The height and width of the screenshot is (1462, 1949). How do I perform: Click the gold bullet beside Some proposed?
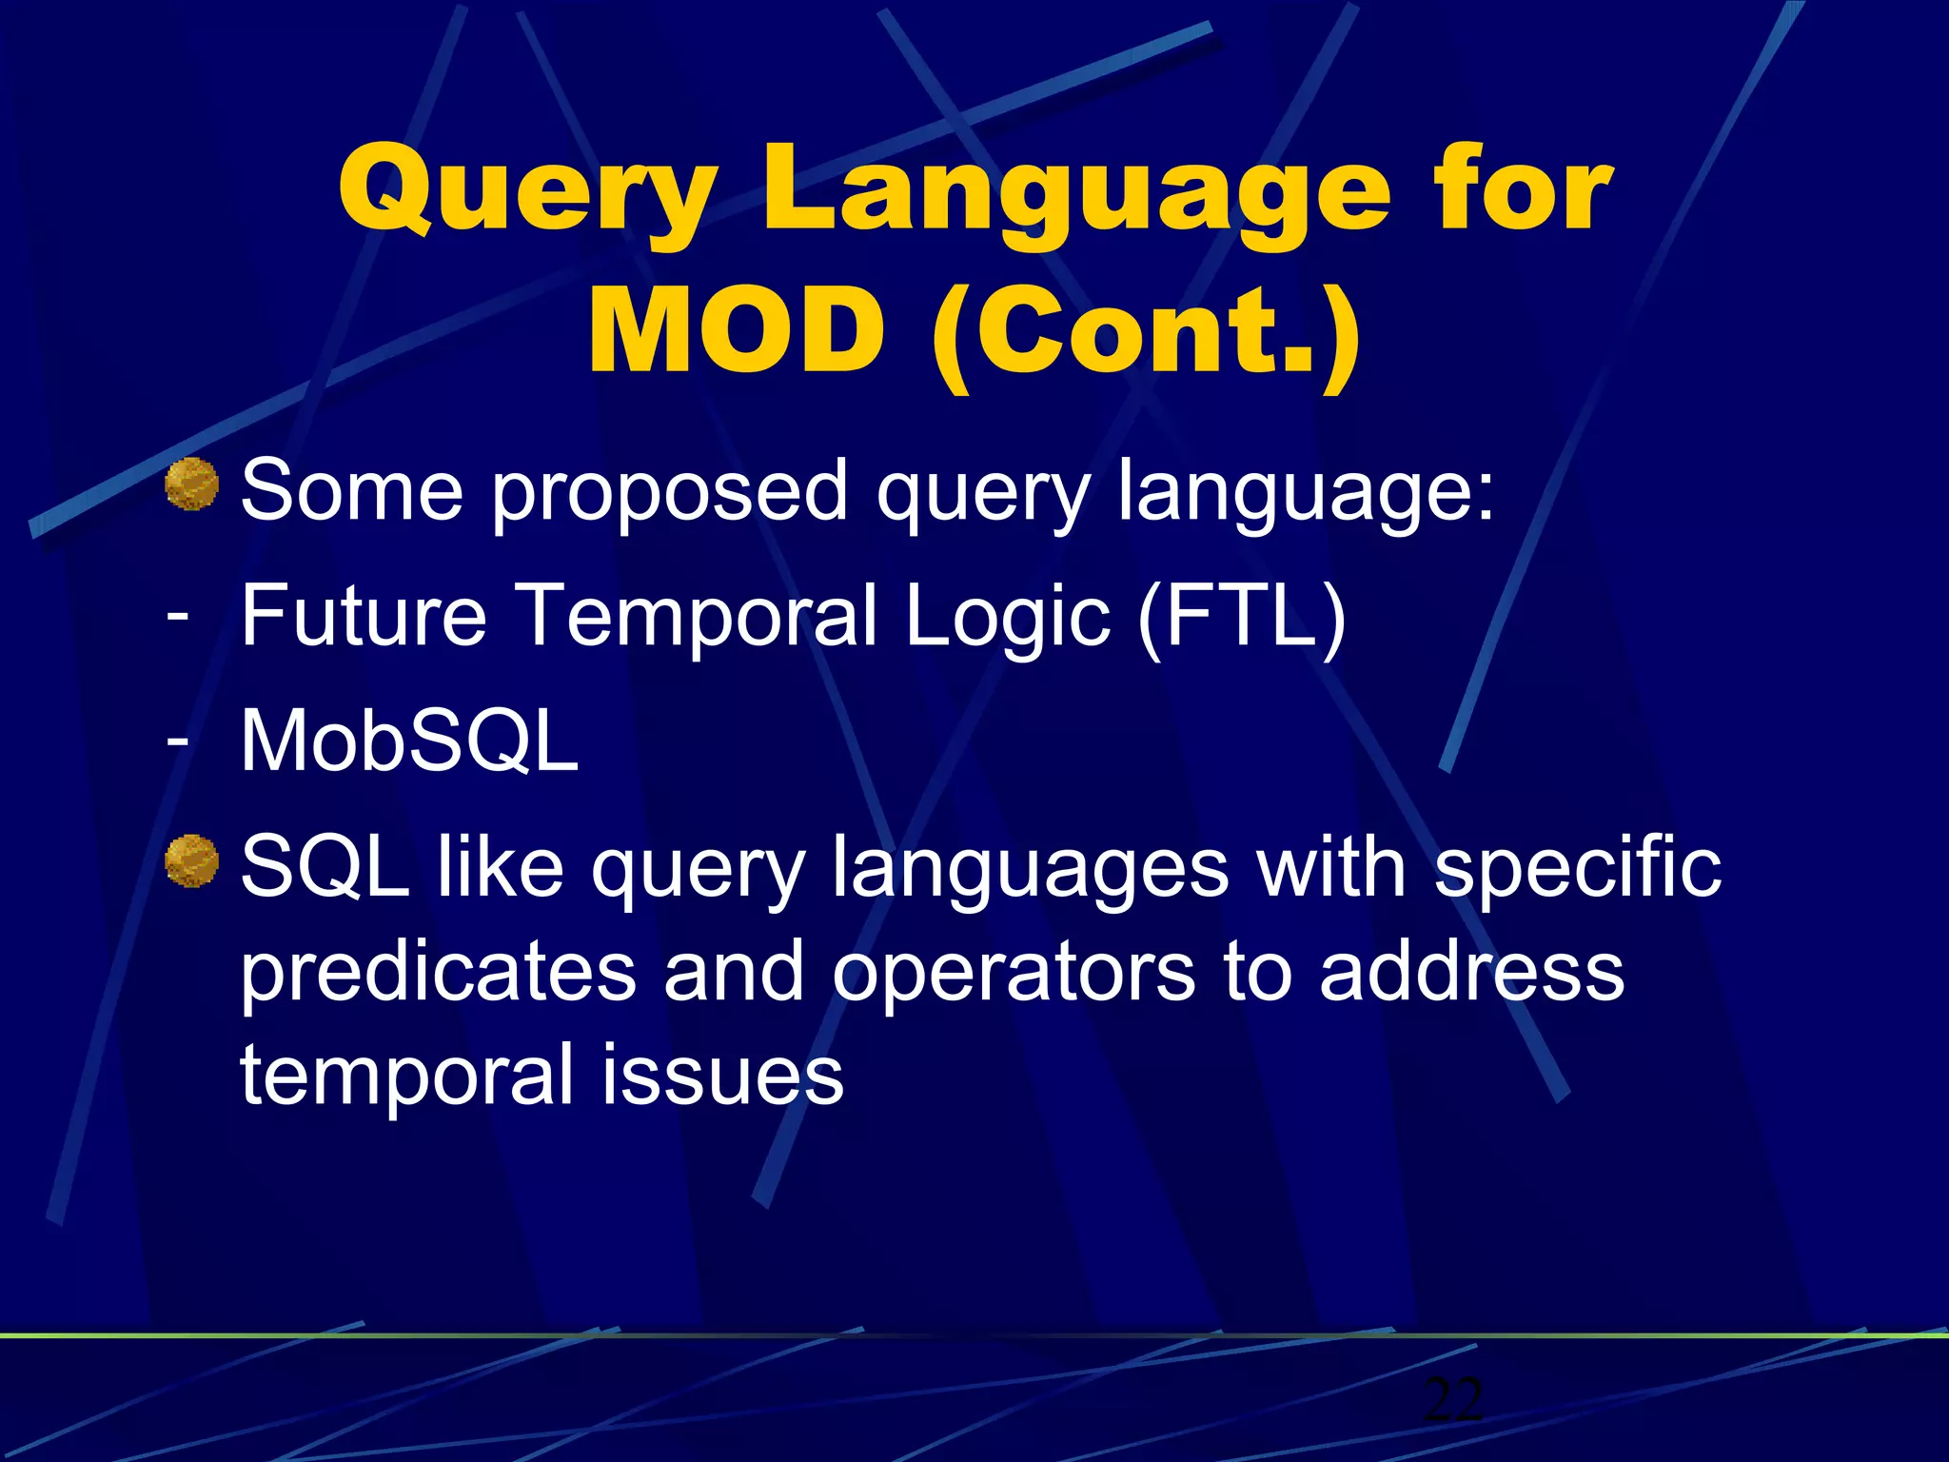(x=192, y=484)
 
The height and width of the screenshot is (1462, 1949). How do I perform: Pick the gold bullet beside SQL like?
(x=192, y=861)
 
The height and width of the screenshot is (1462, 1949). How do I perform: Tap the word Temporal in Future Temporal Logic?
(x=699, y=619)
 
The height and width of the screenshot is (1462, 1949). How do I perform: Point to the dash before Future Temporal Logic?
(x=177, y=614)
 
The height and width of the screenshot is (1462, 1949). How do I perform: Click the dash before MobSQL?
(x=177, y=740)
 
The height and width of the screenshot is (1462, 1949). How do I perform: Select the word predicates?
(x=438, y=973)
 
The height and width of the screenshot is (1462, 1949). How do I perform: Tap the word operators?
(x=1014, y=973)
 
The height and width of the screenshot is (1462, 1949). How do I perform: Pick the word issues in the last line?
(x=722, y=1076)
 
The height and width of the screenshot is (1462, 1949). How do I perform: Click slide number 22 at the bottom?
(x=1452, y=1399)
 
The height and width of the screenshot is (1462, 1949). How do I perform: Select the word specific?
(x=1577, y=869)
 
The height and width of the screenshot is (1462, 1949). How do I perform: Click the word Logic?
(x=1007, y=619)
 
